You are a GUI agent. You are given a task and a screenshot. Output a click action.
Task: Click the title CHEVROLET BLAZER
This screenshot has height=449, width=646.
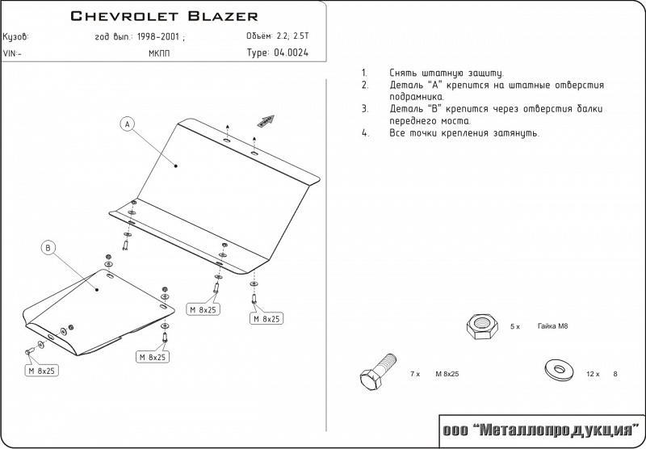[165, 15]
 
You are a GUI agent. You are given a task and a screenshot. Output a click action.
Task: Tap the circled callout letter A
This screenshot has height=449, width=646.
[127, 124]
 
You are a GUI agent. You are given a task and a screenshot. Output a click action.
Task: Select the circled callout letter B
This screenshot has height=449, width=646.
[48, 248]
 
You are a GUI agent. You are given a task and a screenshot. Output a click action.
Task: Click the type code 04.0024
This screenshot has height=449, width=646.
[291, 53]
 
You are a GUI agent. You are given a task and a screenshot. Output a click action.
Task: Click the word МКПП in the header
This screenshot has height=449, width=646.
[159, 54]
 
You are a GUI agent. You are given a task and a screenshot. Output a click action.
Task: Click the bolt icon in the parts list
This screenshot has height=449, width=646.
[375, 374]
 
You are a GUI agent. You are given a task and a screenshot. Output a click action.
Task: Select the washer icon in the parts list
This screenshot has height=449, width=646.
[556, 369]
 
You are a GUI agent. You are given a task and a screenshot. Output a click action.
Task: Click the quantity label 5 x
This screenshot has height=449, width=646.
[515, 326]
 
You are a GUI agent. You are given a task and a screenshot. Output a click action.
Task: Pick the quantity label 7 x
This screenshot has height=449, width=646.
[415, 374]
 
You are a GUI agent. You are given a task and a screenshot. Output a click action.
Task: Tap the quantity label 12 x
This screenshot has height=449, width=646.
[592, 374]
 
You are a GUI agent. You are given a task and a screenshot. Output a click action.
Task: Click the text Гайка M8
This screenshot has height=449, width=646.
[552, 326]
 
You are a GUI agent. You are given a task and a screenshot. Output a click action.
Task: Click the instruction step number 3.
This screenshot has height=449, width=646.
[365, 108]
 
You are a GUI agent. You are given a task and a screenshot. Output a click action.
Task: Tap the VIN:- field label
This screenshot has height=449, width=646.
[13, 54]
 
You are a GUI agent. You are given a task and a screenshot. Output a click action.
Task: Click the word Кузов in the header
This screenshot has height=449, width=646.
[15, 37]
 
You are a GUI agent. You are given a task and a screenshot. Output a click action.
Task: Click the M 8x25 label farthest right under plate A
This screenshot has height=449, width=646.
[265, 319]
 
